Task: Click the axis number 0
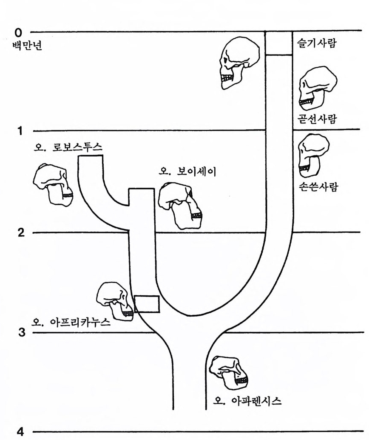click(x=18, y=32)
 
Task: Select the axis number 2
click(x=20, y=233)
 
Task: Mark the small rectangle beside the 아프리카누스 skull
click(x=147, y=304)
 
